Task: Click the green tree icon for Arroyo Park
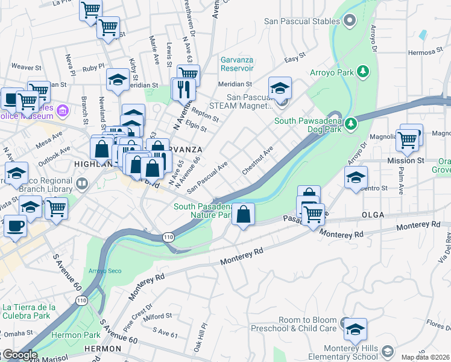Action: click(363, 72)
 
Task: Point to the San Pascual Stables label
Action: click(301, 22)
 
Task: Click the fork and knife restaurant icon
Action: click(183, 89)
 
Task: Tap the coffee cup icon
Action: click(15, 226)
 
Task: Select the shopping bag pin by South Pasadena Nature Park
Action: click(243, 214)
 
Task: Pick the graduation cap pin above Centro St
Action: click(356, 177)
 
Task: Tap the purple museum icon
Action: click(80, 110)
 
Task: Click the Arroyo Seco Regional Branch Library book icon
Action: click(82, 182)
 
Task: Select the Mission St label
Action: click(410, 160)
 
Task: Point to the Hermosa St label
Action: click(425, 52)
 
